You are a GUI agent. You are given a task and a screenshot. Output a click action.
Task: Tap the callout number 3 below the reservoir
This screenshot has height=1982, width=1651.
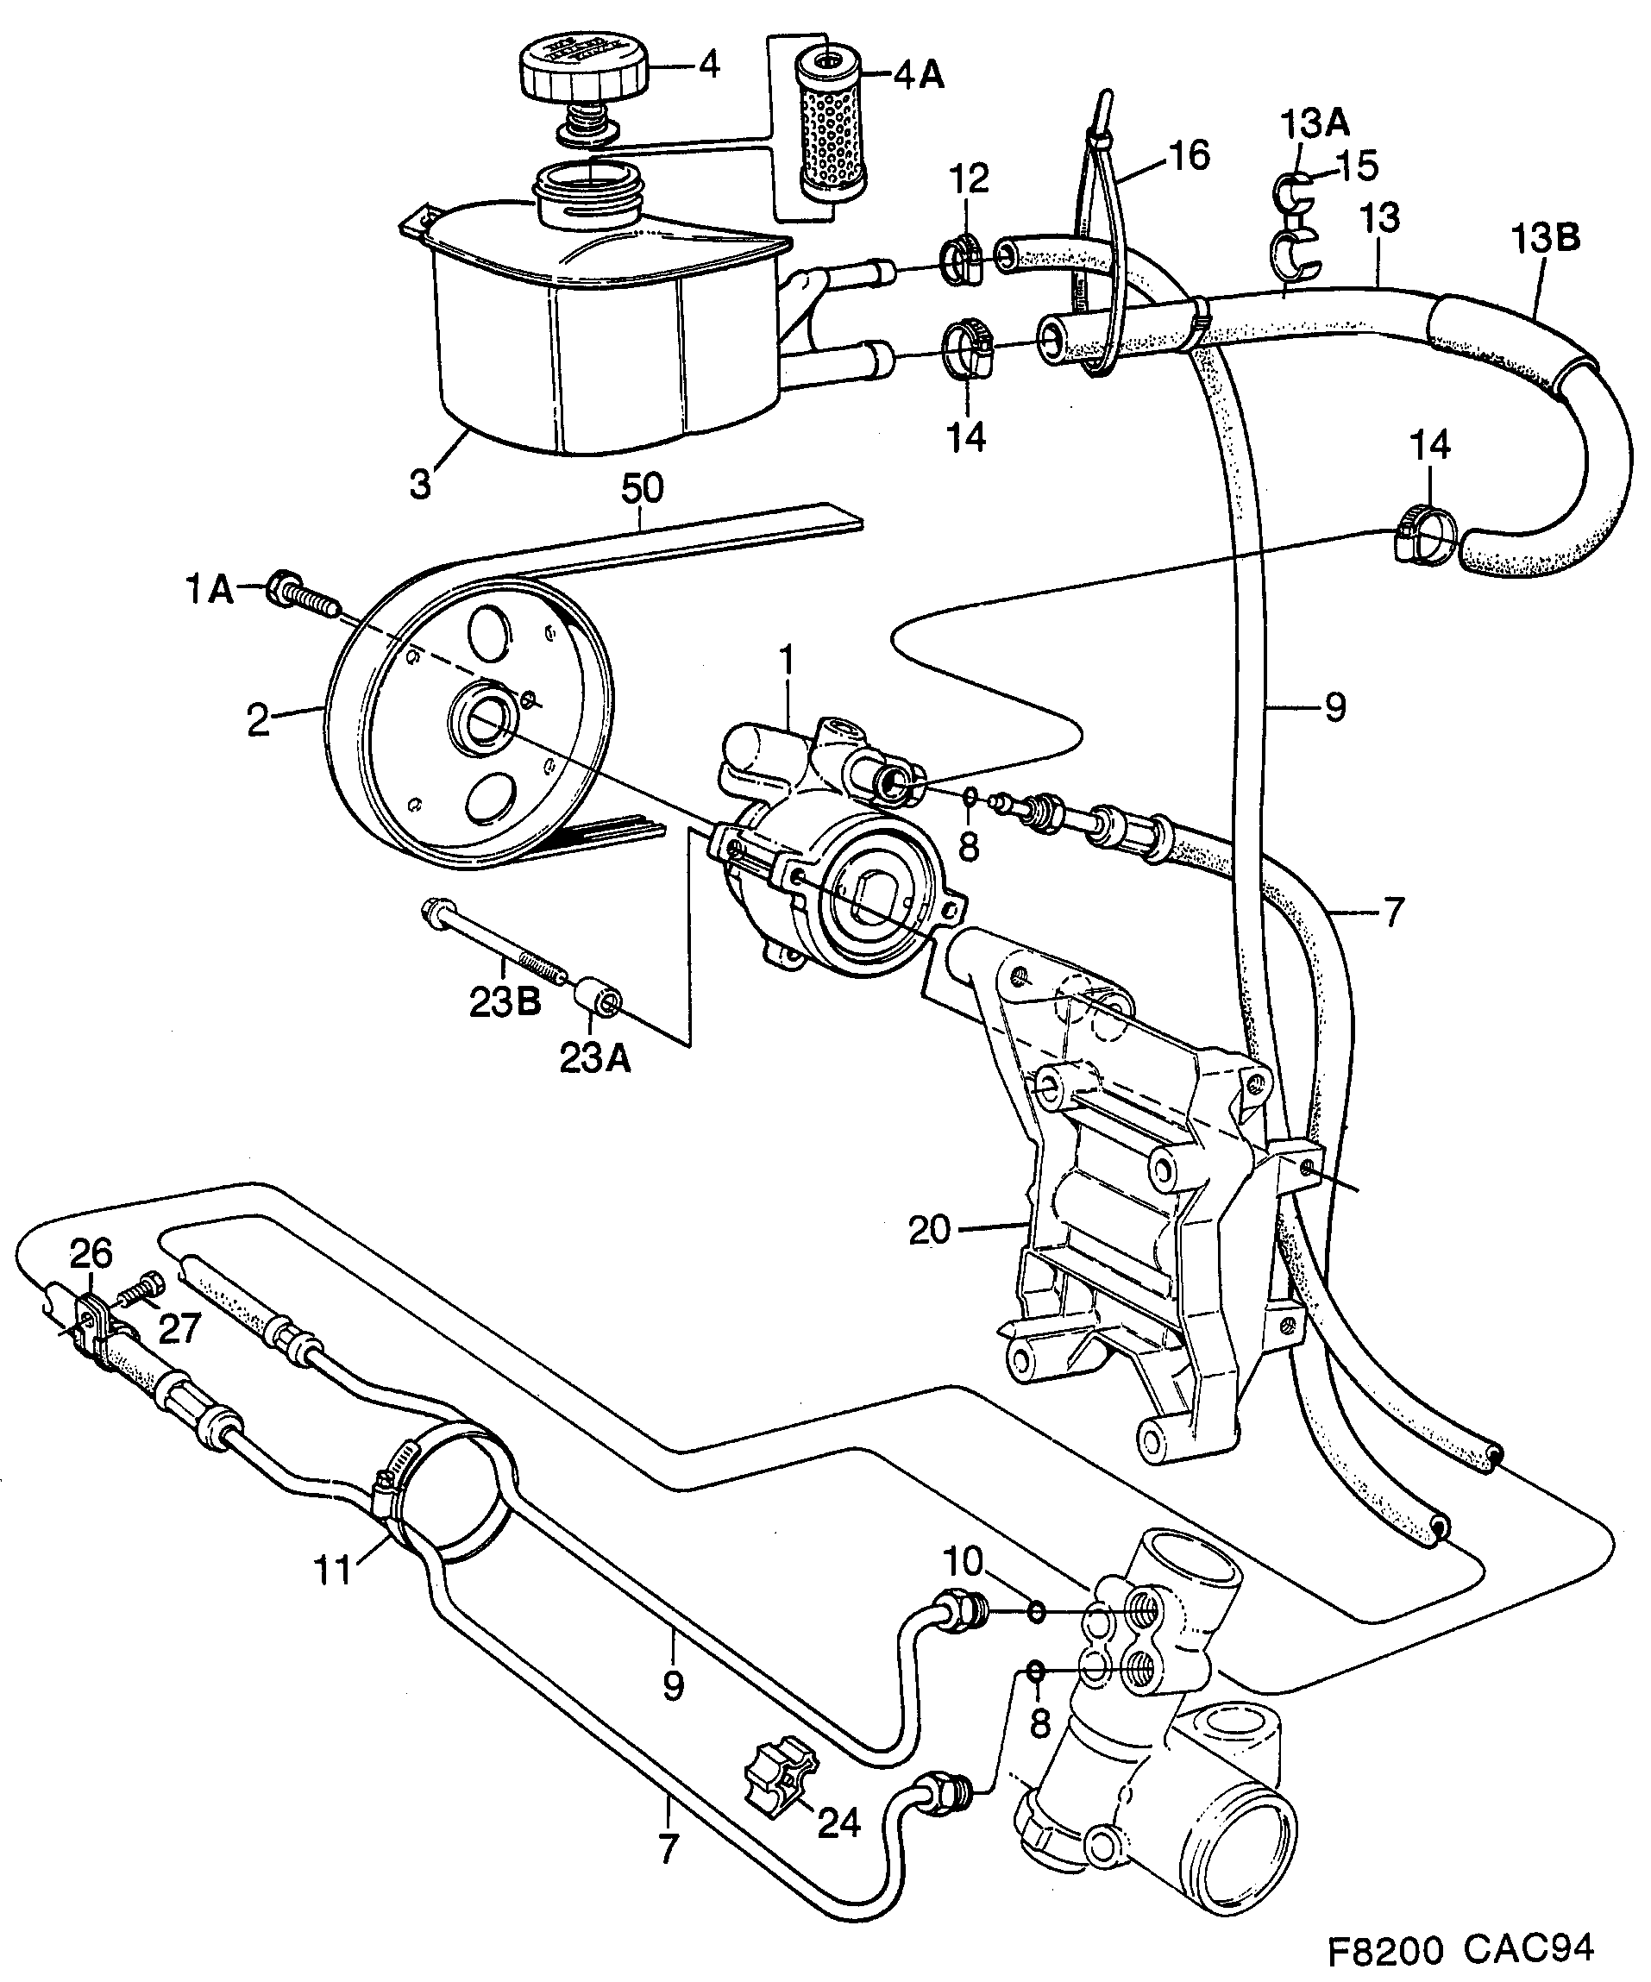tap(421, 483)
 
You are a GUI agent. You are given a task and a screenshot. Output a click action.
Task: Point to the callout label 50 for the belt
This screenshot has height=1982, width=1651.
tap(642, 488)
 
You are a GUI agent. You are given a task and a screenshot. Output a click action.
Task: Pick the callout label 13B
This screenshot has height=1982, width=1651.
tap(1545, 238)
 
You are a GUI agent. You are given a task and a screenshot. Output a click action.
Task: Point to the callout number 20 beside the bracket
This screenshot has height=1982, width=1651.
tap(931, 1230)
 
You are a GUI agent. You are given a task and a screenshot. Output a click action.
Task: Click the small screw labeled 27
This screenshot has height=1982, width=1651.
tap(144, 1292)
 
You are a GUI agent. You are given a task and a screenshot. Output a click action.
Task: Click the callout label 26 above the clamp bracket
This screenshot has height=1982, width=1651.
tap(91, 1254)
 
